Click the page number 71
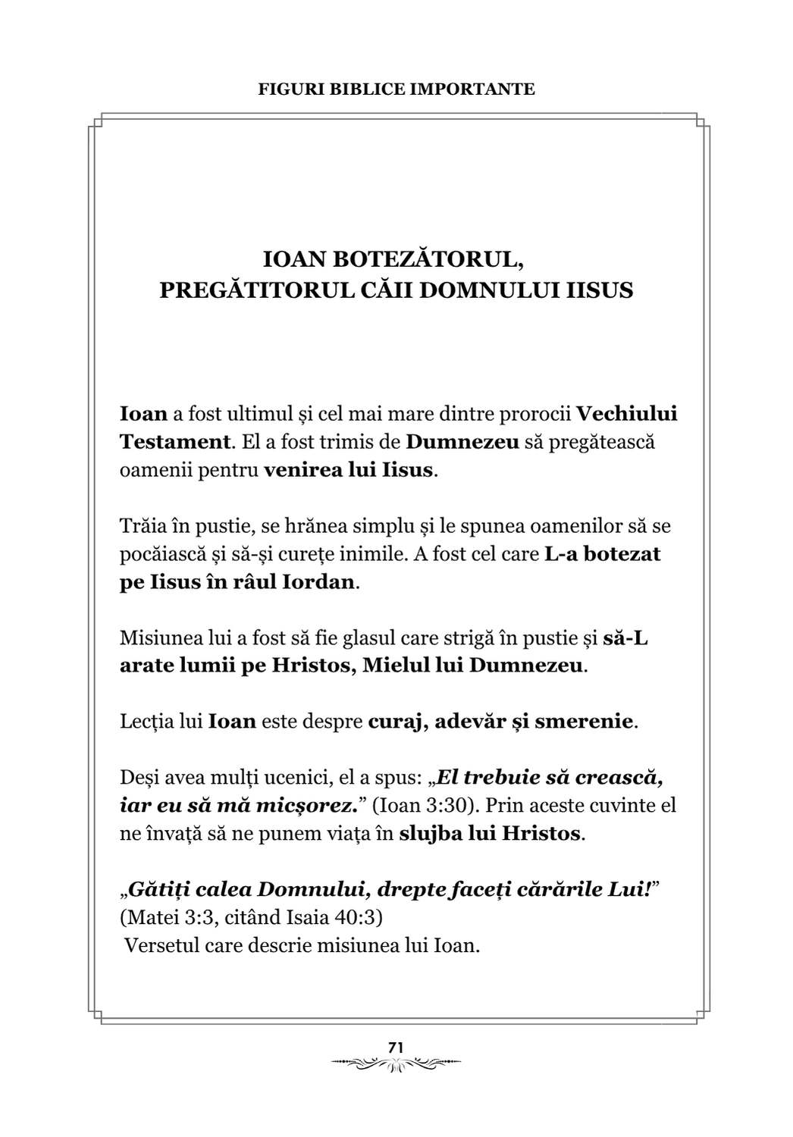tap(396, 1047)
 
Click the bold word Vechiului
tap(627, 414)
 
